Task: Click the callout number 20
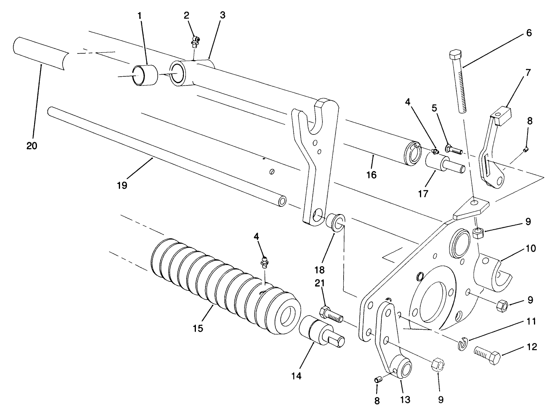(32, 146)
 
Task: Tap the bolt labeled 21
(331, 313)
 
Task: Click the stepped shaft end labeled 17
(442, 165)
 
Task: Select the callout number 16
(371, 175)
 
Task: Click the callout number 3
(223, 15)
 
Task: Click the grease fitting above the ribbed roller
(265, 263)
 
